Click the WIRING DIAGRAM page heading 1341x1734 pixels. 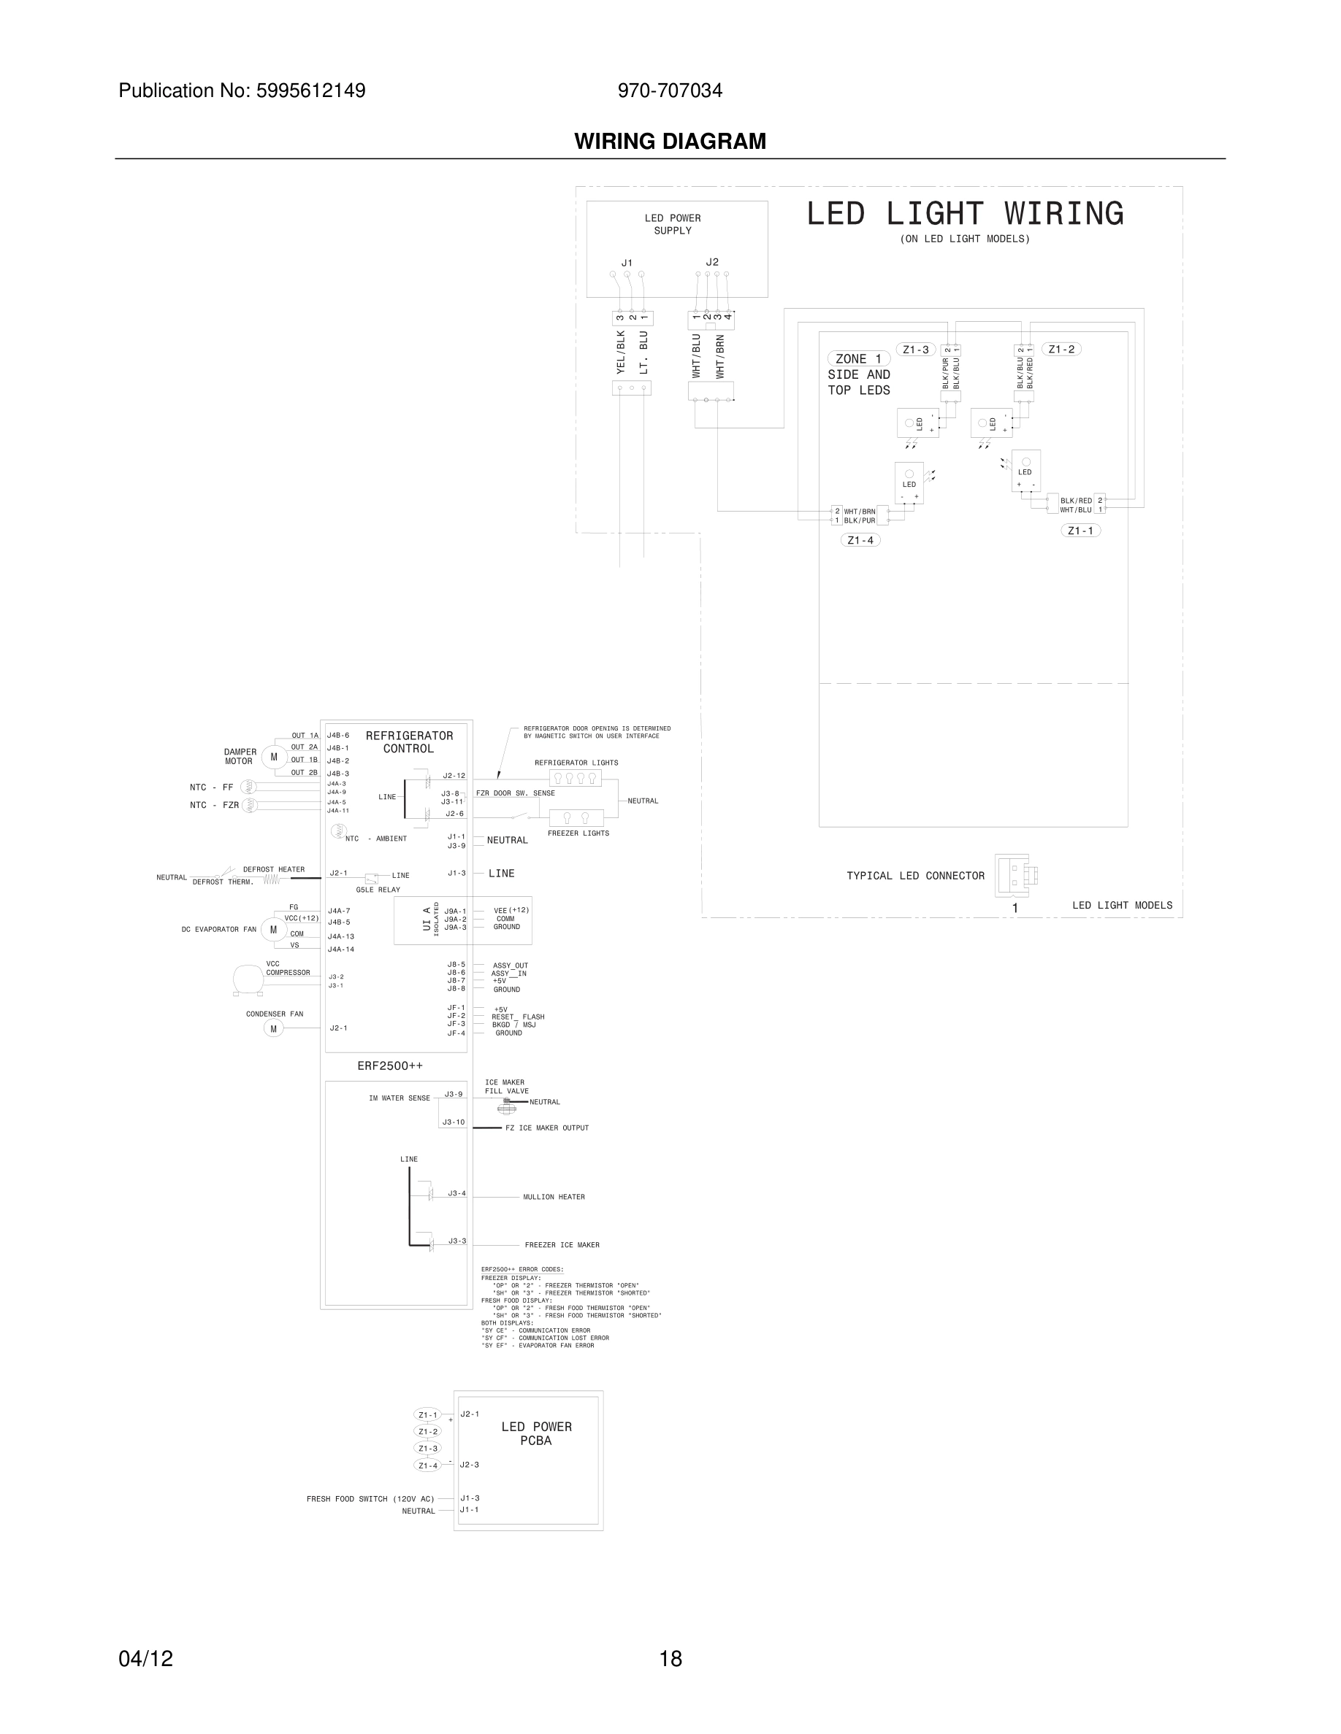670,142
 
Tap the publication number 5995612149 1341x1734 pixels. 310,90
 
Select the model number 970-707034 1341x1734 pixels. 670,90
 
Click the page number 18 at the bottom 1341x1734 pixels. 670,1659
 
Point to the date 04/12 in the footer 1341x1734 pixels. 145,1659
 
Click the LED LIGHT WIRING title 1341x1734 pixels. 964,214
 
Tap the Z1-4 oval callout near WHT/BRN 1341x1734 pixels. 860,540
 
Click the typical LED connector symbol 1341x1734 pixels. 1015,875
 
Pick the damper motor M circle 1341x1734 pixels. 274,757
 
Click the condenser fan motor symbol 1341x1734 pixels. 273,1029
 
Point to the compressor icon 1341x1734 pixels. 247,979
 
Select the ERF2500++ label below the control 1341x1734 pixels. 390,1066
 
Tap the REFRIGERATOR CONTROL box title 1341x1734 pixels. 409,741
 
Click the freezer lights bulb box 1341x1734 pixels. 576,818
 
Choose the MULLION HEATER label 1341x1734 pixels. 554,1196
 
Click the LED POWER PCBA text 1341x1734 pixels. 536,1433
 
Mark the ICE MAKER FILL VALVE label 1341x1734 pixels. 506,1086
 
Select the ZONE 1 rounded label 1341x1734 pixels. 858,359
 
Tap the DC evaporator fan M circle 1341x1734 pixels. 273,929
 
